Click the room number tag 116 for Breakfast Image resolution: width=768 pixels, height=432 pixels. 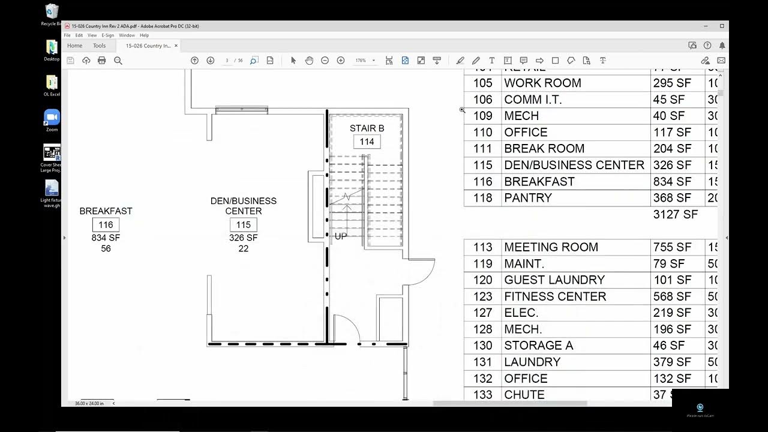106,225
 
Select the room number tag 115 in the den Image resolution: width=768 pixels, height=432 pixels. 243,225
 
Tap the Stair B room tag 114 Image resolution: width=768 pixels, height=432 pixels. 367,142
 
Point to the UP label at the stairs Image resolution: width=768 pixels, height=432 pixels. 340,236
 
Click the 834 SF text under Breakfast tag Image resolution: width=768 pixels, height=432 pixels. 106,238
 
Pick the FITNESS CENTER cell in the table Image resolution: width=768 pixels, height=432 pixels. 555,296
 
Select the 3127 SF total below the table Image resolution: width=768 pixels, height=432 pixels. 675,215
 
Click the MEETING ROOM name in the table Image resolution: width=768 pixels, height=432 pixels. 551,247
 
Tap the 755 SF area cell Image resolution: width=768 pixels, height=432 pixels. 672,247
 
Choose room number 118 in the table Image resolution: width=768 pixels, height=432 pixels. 482,198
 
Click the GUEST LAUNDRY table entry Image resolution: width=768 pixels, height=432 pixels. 554,280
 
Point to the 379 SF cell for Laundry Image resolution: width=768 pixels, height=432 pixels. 672,362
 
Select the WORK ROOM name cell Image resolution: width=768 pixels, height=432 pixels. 542,83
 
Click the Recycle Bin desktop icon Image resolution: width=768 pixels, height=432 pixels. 52,13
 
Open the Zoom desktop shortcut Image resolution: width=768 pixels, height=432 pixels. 52,119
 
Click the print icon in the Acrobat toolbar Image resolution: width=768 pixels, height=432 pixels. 101,61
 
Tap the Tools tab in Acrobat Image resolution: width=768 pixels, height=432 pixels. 99,46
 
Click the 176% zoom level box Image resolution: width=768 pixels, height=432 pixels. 361,61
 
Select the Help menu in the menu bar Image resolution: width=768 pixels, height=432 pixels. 144,35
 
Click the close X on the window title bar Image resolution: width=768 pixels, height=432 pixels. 722,26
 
